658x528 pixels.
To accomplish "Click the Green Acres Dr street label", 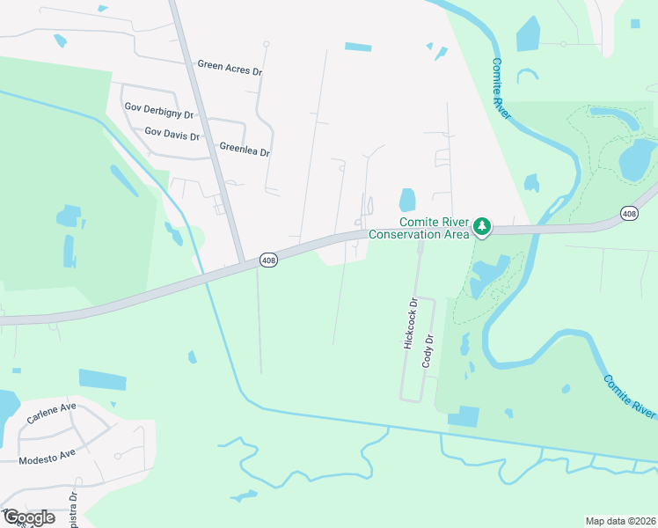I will click(230, 65).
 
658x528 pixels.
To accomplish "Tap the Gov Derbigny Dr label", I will click(158, 107).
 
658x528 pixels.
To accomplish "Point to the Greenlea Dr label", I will click(245, 150).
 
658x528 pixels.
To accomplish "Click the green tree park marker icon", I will click(481, 226).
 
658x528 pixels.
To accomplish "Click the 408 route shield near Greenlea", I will click(269, 260).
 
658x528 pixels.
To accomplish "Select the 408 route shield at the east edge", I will click(628, 213).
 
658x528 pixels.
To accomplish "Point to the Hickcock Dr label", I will click(410, 325).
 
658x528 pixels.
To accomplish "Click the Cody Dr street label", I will click(430, 351).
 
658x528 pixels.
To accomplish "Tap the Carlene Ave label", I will click(51, 414).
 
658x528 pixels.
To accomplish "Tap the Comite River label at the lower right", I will click(631, 396).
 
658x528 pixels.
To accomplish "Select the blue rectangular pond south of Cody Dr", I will click(464, 416).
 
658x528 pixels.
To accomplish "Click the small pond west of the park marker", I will click(407, 201).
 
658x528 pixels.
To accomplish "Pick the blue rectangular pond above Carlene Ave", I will click(102, 379).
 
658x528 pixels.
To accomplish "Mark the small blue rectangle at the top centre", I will click(358, 47).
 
